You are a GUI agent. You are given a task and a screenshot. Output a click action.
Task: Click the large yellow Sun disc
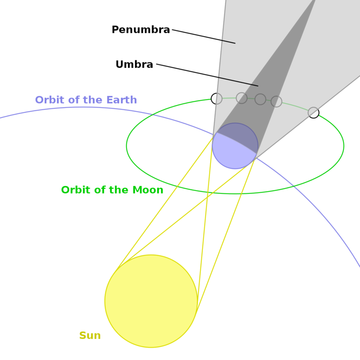point(151,301)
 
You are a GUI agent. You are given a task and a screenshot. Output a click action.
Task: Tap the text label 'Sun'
point(90,335)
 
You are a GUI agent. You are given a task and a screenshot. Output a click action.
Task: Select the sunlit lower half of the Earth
point(232,157)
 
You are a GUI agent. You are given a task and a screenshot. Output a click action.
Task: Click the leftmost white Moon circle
point(217,99)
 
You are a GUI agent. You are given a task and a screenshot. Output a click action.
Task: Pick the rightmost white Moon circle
point(314,112)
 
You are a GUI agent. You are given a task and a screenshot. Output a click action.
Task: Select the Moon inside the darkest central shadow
point(260,99)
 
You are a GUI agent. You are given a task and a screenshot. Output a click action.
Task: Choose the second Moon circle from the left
point(242,98)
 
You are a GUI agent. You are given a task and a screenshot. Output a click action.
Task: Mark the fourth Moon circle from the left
point(276,102)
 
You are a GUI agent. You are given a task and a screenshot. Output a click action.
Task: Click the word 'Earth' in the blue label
point(121,100)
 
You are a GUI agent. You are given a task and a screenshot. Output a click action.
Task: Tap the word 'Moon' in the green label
point(148,190)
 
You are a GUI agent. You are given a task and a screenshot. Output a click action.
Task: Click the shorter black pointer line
point(228,42)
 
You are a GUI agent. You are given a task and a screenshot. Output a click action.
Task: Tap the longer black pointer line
point(238,81)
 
